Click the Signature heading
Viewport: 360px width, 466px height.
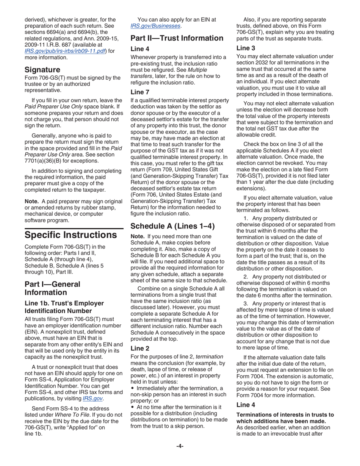coord(42,70)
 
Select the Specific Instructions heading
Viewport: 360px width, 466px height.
coord(70,235)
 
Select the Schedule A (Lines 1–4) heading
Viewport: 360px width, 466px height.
coord(172,226)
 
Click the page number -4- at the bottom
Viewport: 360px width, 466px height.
coord(180,446)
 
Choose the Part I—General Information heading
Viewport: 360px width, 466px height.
coord(52,288)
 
